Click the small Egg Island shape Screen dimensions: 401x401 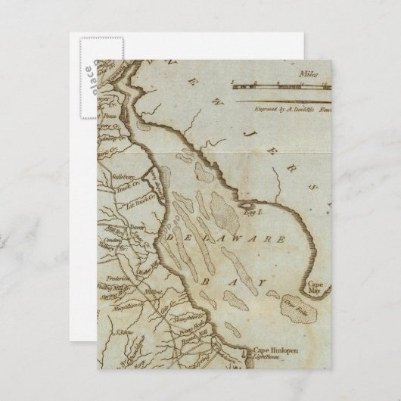pos(246,205)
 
